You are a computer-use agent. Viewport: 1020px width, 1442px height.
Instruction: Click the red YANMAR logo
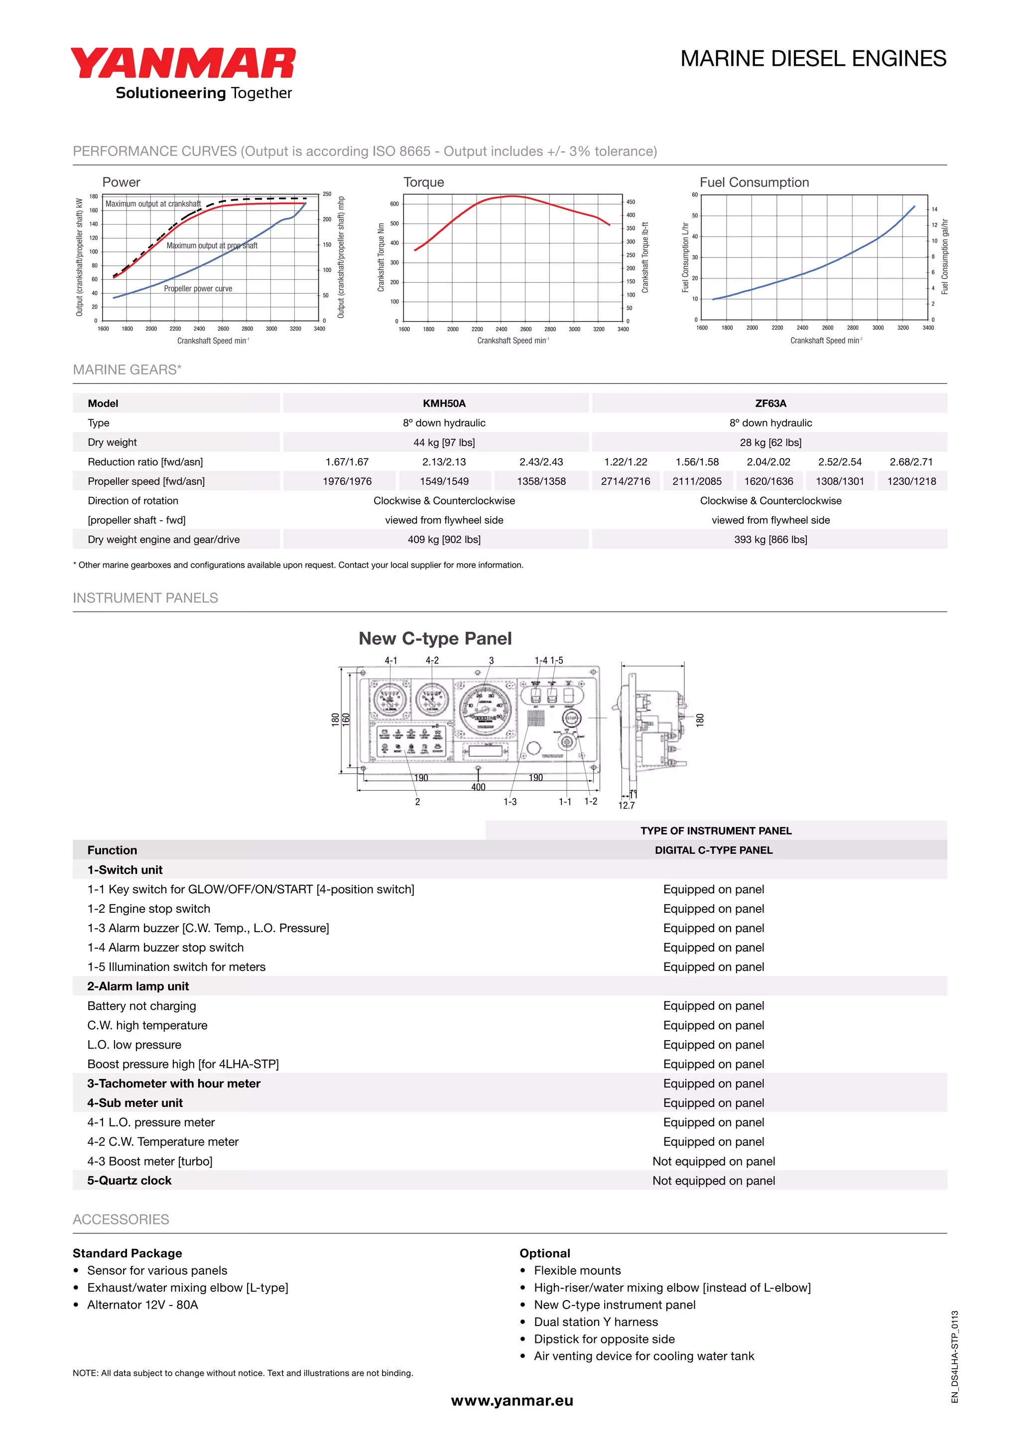coord(182,63)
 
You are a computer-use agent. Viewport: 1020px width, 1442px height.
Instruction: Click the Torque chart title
coord(423,182)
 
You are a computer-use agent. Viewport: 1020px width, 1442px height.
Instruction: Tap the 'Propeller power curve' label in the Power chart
coord(198,289)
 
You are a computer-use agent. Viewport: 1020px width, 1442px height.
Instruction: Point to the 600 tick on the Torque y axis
coord(394,204)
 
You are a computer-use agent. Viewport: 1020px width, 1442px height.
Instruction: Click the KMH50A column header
coord(444,403)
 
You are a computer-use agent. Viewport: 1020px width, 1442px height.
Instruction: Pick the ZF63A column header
coord(770,403)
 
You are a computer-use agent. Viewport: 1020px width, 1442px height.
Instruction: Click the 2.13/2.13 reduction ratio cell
coord(444,462)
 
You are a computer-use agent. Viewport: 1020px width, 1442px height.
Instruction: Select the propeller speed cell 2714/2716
coord(625,481)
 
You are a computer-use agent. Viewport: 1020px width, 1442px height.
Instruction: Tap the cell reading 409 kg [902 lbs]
coord(444,539)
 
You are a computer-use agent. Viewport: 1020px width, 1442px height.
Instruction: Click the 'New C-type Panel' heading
coord(435,639)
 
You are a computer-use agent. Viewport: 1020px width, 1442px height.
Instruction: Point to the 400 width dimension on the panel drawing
coord(478,787)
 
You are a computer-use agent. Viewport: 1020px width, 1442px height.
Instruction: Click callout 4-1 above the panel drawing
coord(390,660)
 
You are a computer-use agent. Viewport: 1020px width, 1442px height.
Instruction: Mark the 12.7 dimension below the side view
coord(626,805)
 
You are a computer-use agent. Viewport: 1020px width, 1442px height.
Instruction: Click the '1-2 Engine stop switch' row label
coord(149,909)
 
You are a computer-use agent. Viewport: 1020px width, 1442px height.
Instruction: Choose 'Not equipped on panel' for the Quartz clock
coord(714,1181)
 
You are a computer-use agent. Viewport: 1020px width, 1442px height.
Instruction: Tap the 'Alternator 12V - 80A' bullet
coord(142,1305)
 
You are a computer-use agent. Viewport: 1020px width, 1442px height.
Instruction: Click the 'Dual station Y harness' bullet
coord(596,1322)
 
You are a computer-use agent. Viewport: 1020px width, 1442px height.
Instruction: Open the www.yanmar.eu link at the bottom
coord(512,1401)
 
